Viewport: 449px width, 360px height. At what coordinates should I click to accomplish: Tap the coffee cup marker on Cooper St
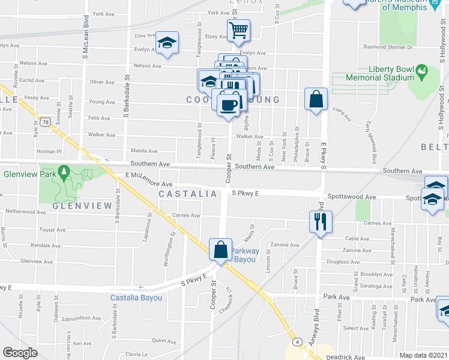[x=228, y=104]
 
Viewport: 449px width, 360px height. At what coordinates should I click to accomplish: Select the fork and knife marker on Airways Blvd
[x=319, y=221]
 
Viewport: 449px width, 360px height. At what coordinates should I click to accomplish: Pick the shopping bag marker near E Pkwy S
[x=316, y=98]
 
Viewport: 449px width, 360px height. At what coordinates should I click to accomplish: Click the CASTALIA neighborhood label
[x=188, y=194]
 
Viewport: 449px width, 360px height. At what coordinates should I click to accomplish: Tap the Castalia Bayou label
[x=136, y=298]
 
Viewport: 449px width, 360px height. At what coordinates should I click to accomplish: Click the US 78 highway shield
[x=46, y=122]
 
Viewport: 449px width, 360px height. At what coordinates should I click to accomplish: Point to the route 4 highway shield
[x=297, y=341]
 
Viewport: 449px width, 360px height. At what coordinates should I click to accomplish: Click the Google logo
[x=20, y=353]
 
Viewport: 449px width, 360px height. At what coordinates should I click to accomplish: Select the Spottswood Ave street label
[x=351, y=197]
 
